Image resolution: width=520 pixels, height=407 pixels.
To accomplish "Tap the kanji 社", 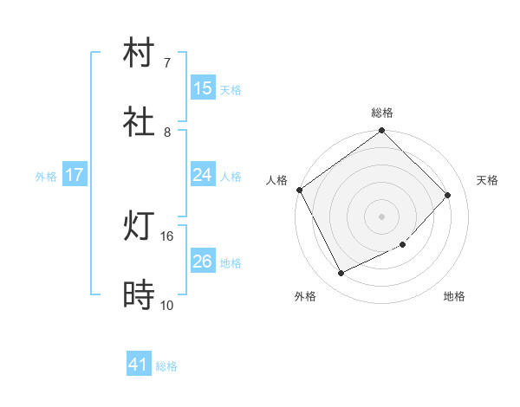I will point(140,123).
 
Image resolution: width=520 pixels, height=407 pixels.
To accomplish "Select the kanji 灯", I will point(140,228).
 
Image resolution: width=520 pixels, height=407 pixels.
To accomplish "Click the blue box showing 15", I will point(203,88).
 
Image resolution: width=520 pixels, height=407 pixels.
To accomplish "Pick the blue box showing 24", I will point(203,175).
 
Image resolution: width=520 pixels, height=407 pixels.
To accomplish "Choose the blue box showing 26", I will point(203,262).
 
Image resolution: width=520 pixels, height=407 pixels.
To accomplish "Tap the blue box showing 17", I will point(75,175).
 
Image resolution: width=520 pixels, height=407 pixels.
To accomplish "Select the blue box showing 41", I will point(139,365).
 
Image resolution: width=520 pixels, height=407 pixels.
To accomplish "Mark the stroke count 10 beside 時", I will point(167,305).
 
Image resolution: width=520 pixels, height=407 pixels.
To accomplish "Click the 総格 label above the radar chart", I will point(382,113).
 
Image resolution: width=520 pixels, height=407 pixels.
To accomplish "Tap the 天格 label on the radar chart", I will point(488,180).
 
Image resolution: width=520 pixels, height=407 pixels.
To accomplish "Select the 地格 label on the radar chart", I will point(454,297).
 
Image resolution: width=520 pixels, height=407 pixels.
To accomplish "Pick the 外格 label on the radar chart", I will point(305,297).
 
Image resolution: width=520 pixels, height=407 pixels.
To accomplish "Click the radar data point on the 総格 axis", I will point(382,132).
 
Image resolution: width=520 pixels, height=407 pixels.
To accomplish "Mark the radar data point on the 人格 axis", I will point(300,190).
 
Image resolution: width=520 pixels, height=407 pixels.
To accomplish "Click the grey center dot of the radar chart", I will point(382,216).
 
